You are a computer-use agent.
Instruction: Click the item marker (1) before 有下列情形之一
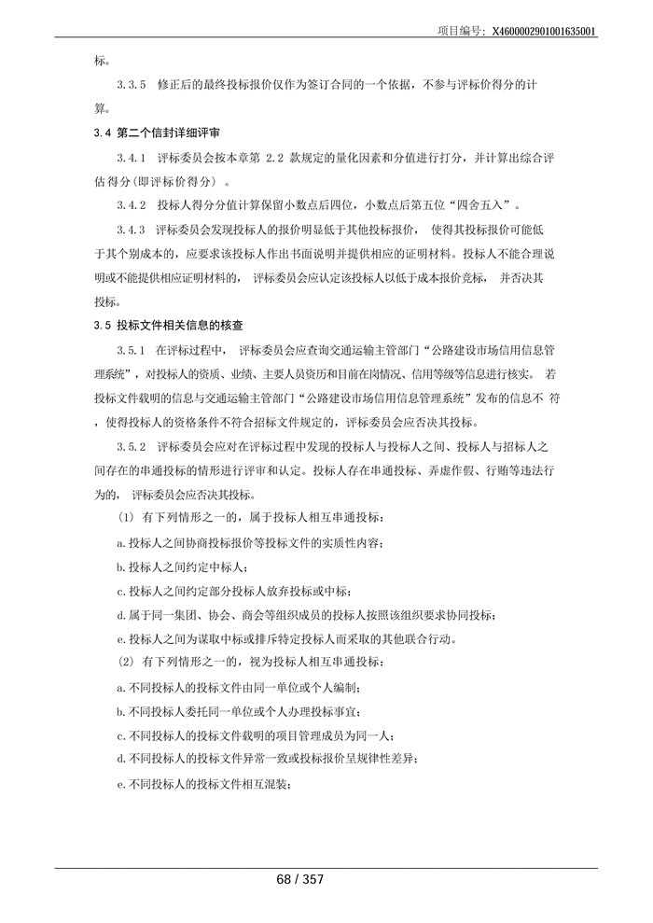click(125, 519)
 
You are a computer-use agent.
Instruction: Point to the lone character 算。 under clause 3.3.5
click(102, 108)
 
